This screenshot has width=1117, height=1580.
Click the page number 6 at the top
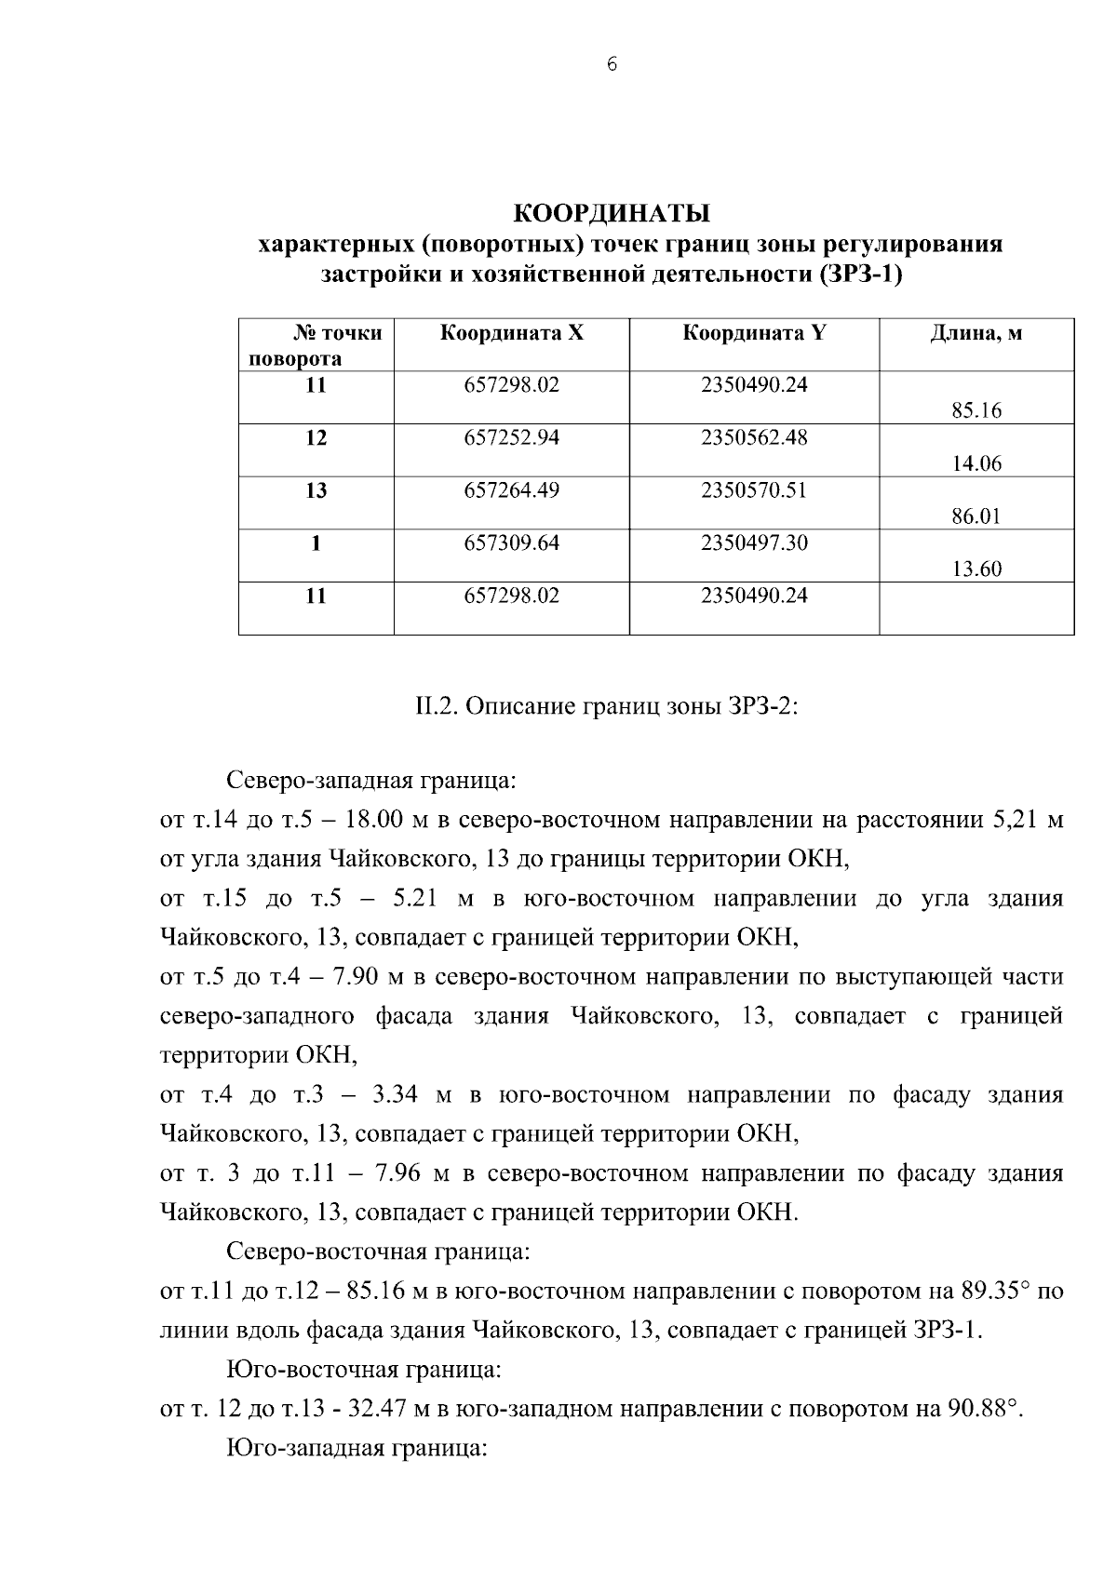click(x=611, y=64)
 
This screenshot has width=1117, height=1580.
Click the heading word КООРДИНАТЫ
click(x=612, y=213)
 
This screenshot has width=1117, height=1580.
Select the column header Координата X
click(x=511, y=333)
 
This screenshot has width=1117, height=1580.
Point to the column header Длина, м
click(x=976, y=333)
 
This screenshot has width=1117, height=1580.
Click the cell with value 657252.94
click(x=511, y=437)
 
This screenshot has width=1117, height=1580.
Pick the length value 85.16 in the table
click(x=976, y=410)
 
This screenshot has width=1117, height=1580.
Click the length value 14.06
click(x=976, y=463)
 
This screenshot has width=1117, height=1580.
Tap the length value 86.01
click(x=976, y=516)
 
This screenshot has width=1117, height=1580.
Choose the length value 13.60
click(x=976, y=569)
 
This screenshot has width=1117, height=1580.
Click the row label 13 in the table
click(x=316, y=490)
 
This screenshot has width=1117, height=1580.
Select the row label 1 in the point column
click(x=316, y=543)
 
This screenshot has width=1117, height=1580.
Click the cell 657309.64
click(x=511, y=543)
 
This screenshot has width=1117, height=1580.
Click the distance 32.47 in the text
click(x=377, y=1409)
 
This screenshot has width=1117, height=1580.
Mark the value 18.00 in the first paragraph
click(x=372, y=821)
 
